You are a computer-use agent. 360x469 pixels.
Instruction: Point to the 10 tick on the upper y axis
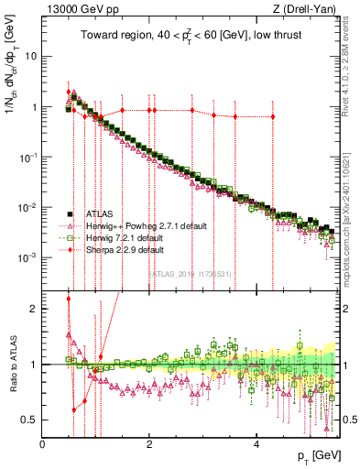pos(30,56)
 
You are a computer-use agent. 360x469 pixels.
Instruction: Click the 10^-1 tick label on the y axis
pos(28,157)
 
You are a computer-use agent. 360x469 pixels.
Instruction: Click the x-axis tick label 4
pos(256,442)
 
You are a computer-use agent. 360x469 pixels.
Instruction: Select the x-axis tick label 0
pos(42,442)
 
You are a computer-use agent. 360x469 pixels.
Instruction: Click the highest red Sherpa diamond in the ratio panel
pos(69,299)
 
